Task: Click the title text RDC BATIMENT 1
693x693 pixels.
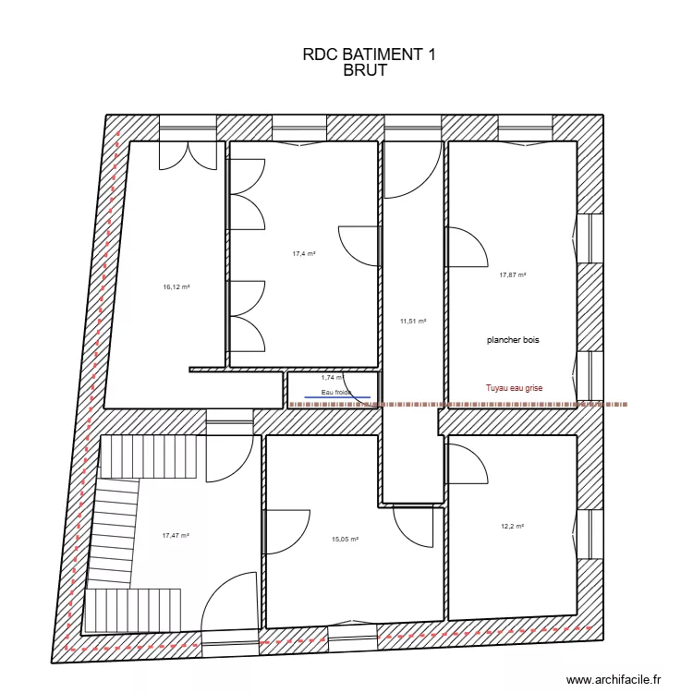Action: point(369,55)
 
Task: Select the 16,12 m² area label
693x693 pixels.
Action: point(176,286)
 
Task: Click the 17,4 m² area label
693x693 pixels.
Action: point(304,253)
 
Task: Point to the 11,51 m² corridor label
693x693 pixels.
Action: point(413,322)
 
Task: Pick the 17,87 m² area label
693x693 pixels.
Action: point(513,274)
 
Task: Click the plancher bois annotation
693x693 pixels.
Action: point(513,340)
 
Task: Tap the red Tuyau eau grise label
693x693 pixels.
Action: point(515,389)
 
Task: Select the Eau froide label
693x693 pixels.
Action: point(336,393)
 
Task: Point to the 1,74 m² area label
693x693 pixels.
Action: point(332,377)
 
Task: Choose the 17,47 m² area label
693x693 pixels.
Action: point(176,535)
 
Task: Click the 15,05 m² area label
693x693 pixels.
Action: point(345,540)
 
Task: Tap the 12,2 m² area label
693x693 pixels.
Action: point(512,527)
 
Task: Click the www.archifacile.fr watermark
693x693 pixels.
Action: point(614,679)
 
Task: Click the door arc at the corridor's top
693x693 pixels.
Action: point(412,171)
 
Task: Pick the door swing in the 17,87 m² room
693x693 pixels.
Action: point(468,246)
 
